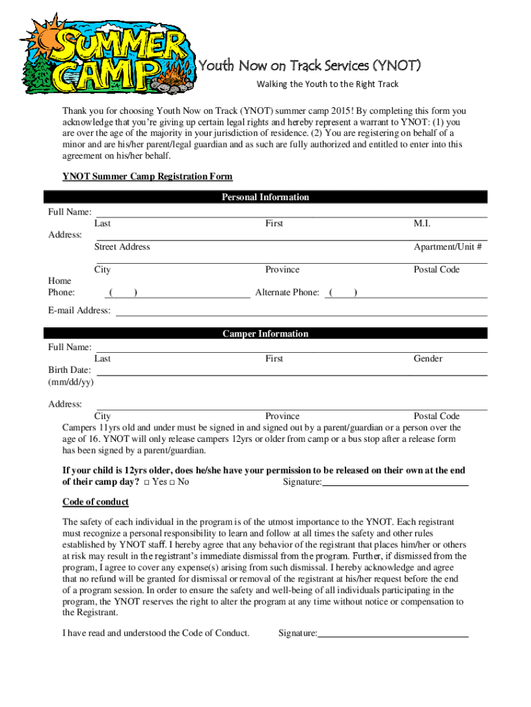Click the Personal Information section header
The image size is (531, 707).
[x=265, y=197]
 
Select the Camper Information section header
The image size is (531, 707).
[x=265, y=334]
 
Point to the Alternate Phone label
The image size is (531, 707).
[x=287, y=293]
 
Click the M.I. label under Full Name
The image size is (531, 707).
[x=422, y=224]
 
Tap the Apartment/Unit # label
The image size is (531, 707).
[x=448, y=247]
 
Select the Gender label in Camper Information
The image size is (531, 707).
[x=428, y=359]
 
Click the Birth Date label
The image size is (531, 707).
[x=69, y=370]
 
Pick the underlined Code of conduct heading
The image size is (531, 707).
[x=95, y=502]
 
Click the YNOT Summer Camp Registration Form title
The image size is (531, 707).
[x=147, y=177]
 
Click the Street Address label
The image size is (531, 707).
[x=122, y=247]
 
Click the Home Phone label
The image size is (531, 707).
[x=60, y=287]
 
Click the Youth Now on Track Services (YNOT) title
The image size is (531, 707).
[x=310, y=66]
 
